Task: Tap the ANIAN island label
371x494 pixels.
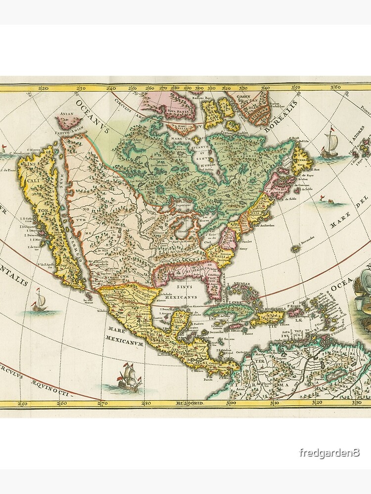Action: coord(67,114)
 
